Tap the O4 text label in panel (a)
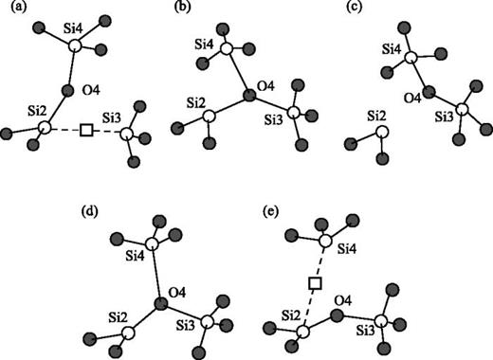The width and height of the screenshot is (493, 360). click(x=90, y=90)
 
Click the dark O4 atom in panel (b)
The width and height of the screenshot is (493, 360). click(x=247, y=95)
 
